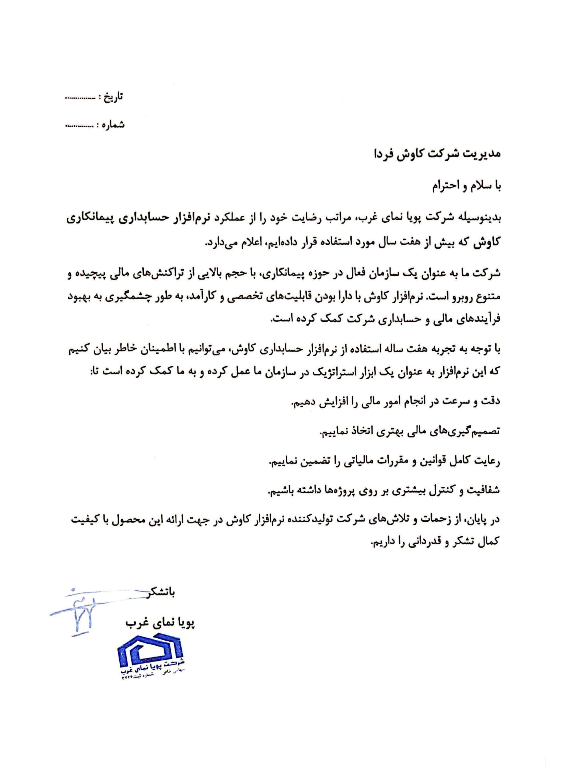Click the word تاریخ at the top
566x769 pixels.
coord(115,97)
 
